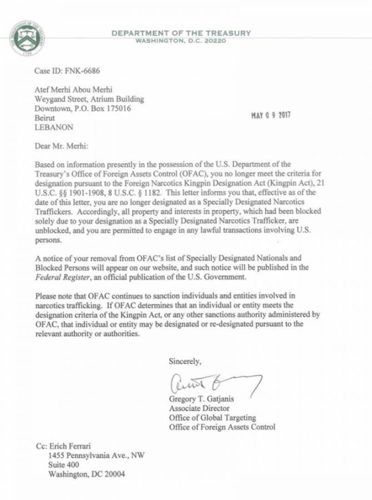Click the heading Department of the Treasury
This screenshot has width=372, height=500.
pos(180,32)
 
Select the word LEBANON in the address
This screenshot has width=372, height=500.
pos(53,127)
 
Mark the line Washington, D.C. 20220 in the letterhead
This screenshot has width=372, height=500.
pos(180,41)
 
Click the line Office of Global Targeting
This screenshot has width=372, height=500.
pos(210,417)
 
